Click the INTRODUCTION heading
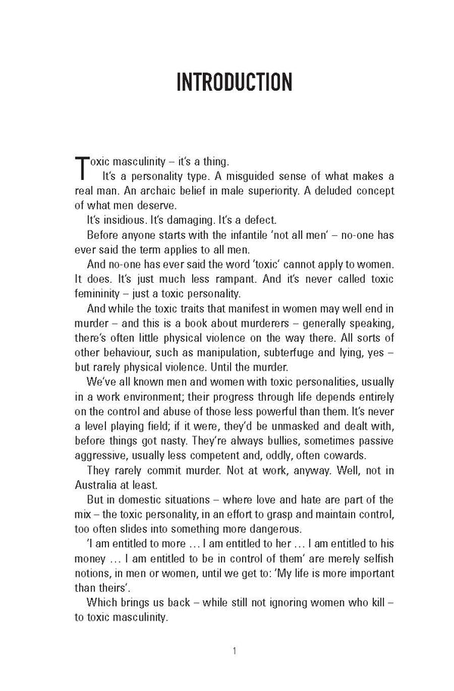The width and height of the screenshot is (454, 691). point(226,82)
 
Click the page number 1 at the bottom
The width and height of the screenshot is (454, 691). point(235,649)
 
